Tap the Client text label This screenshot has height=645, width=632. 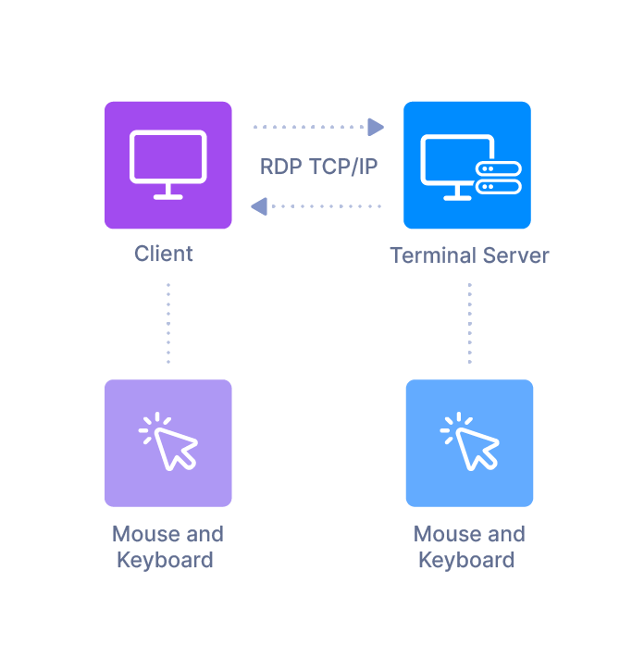(164, 254)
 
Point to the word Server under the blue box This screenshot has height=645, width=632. (515, 255)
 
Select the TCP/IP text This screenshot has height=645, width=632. (343, 167)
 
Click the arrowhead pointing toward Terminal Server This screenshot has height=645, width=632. (376, 127)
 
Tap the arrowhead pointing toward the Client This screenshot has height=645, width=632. (260, 205)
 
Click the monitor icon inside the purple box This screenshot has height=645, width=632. (167, 158)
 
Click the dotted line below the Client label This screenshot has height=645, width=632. (167, 324)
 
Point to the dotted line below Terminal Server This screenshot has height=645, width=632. (469, 324)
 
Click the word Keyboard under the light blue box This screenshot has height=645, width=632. (467, 560)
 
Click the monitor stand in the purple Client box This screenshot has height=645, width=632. (167, 192)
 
